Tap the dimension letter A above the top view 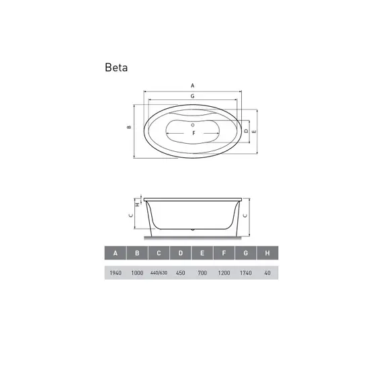click(192, 86)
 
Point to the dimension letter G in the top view click(192, 97)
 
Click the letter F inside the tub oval click(194, 133)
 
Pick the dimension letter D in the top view click(246, 131)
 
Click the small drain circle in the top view click(193, 124)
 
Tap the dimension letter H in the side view click(136, 203)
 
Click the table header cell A click(116, 253)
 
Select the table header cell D click(181, 253)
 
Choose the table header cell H click(267, 253)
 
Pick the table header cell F click(224, 253)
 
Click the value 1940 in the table click(116, 273)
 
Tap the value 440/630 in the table click(159, 273)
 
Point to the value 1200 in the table click(224, 273)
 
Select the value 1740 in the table click(246, 273)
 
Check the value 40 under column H click(267, 273)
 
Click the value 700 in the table click(202, 273)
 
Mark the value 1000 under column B click(137, 273)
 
